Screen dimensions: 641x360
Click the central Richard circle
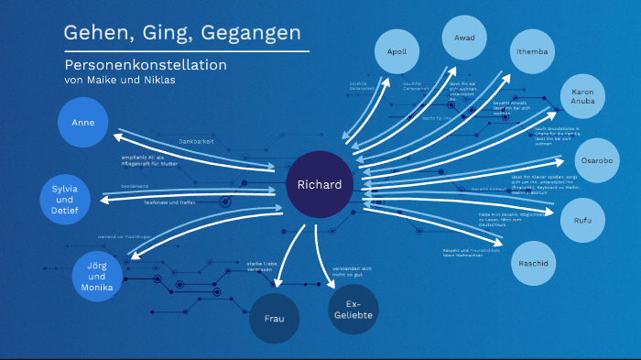point(320,185)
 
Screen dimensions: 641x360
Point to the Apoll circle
point(397,52)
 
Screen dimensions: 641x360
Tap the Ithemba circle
point(532,52)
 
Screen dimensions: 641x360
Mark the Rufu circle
point(582,220)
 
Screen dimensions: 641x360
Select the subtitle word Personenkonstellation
point(146,66)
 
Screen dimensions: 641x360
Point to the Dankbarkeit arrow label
point(196,142)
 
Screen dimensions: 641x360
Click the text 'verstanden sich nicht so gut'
point(344,272)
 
